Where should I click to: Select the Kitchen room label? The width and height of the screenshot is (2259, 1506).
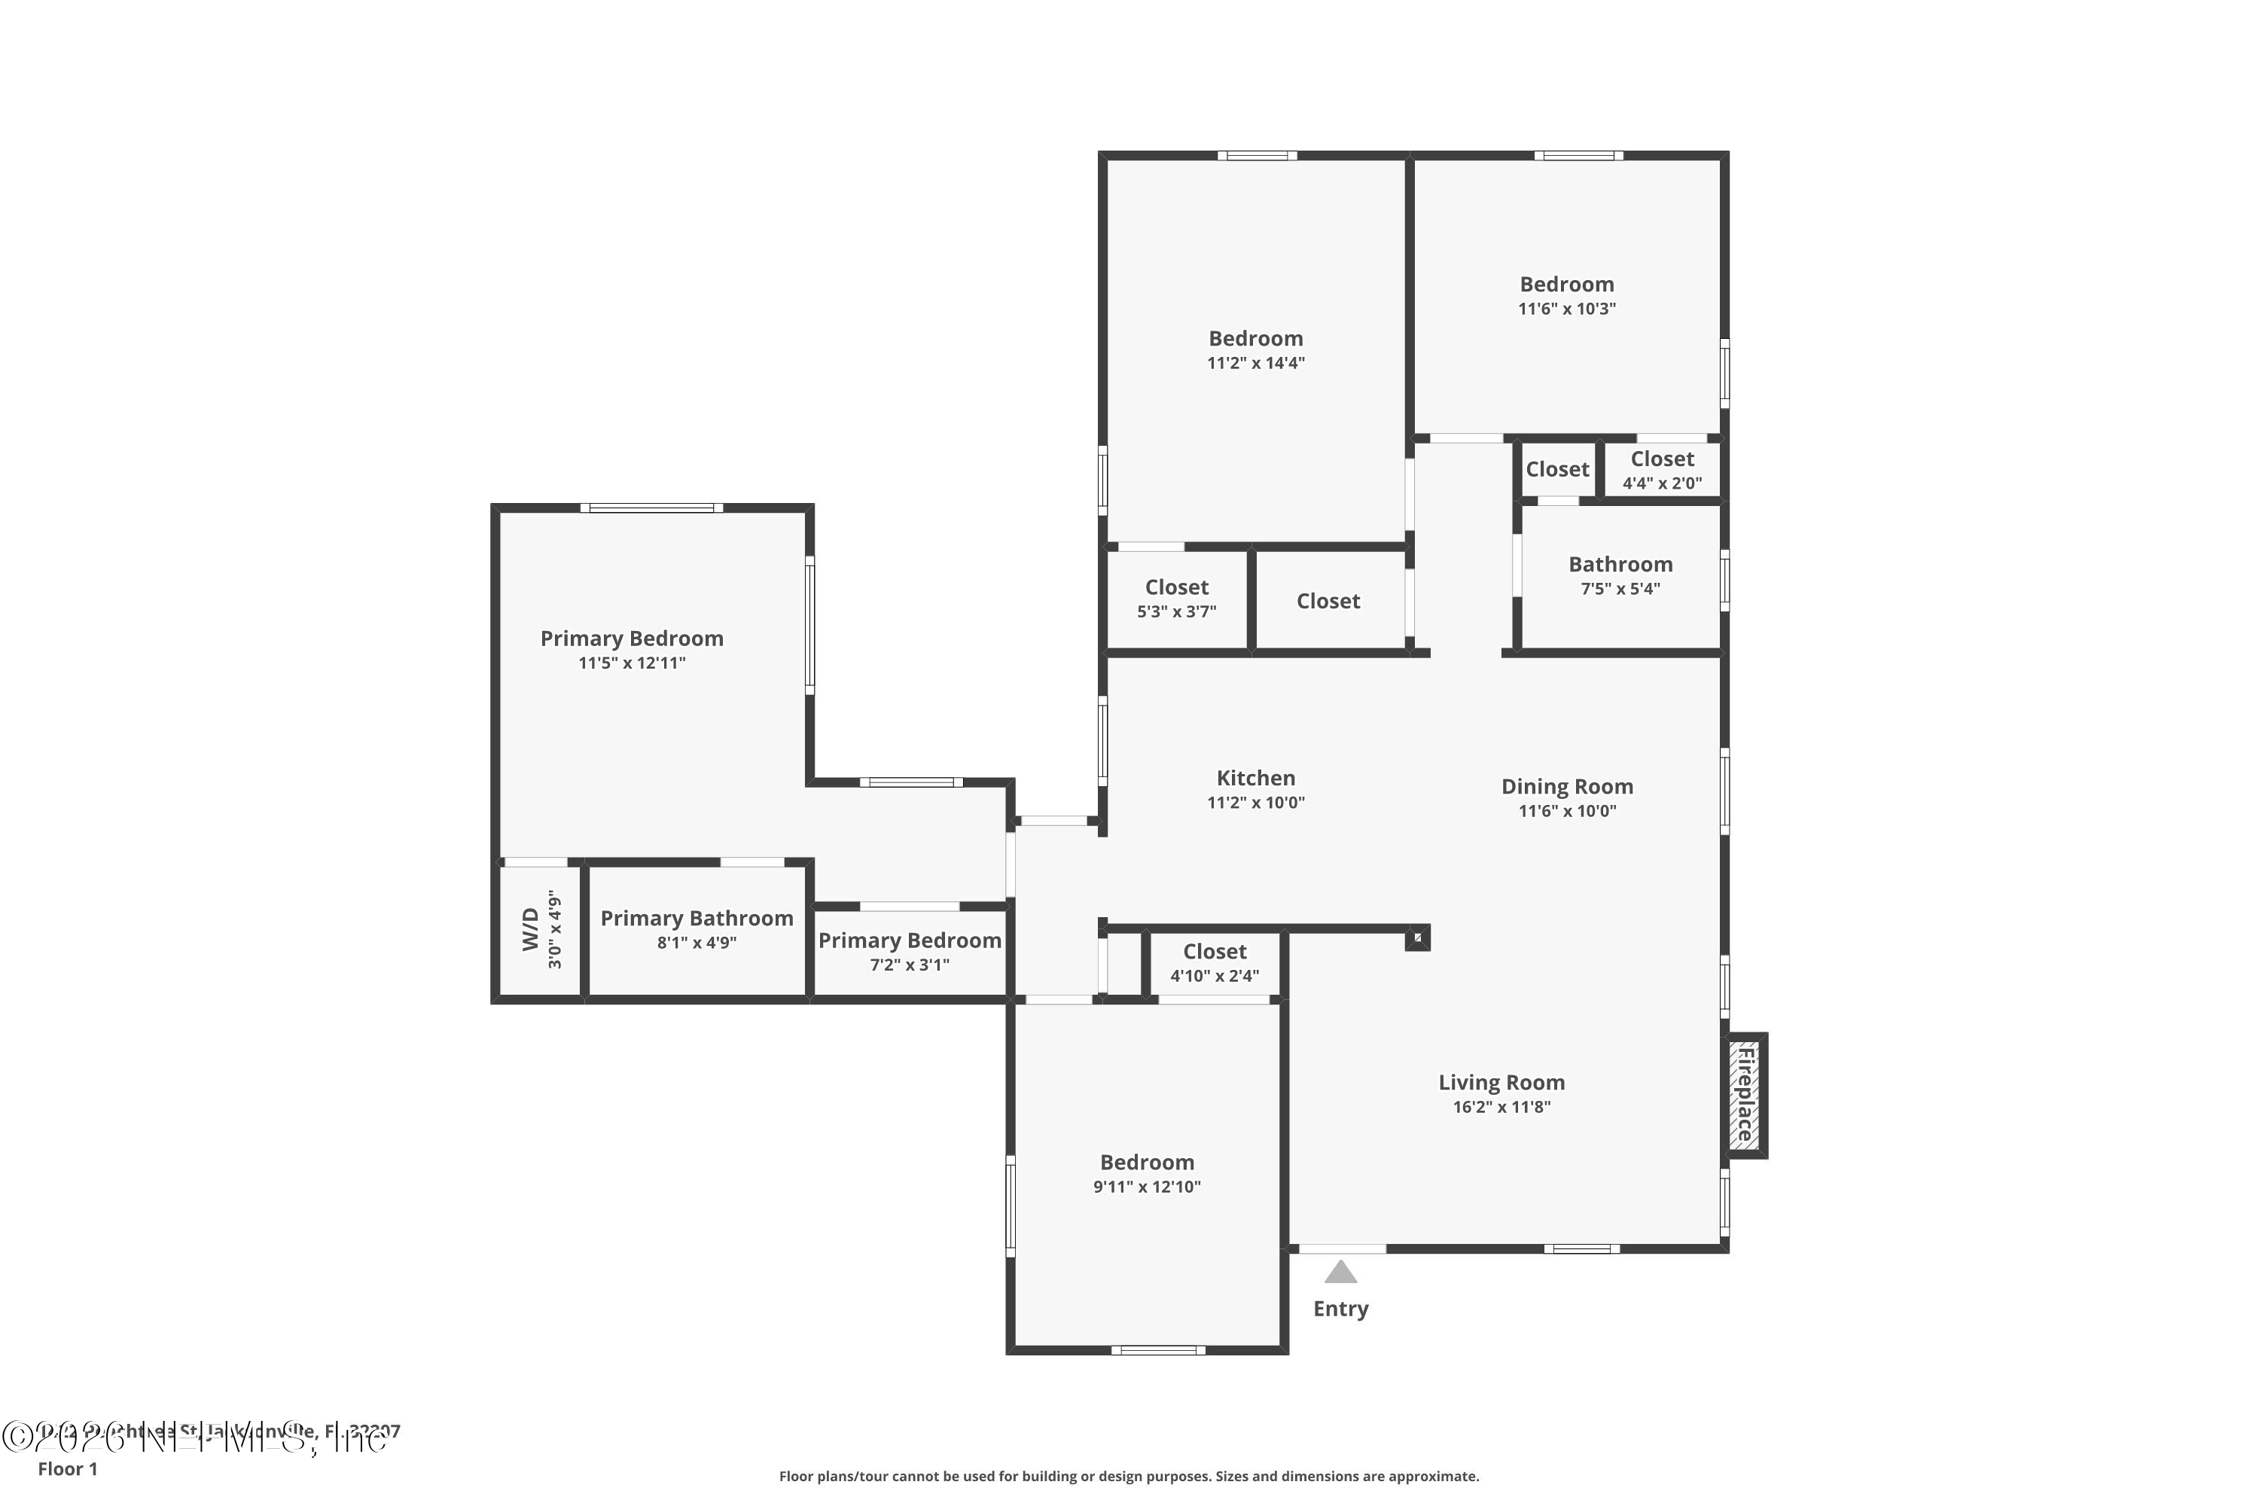1255,778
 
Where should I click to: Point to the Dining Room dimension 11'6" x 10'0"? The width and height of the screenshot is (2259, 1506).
1566,811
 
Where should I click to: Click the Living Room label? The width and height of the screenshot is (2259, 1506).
1501,1083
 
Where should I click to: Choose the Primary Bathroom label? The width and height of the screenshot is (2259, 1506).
697,918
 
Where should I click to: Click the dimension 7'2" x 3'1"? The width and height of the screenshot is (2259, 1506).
910,965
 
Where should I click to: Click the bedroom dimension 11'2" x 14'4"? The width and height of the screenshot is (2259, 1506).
1255,363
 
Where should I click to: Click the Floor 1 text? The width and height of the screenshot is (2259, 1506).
67,1468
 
